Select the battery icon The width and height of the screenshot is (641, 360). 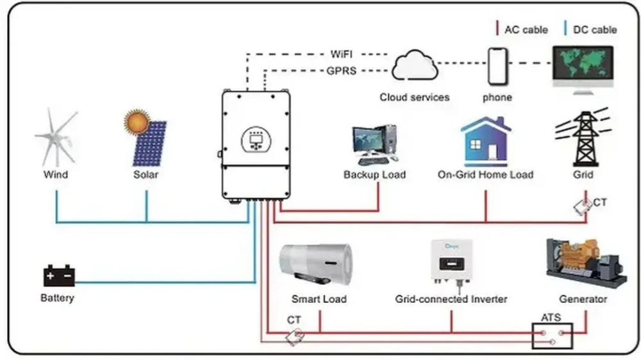click(x=59, y=276)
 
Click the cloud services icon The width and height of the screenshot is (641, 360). click(x=414, y=67)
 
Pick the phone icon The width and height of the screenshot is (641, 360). click(x=497, y=66)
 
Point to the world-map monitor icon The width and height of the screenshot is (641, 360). click(x=583, y=66)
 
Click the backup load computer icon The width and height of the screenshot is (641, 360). click(x=374, y=145)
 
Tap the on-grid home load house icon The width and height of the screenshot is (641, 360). click(x=485, y=142)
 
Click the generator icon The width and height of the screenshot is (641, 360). click(x=584, y=263)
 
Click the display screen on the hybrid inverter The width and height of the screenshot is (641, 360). click(x=256, y=138)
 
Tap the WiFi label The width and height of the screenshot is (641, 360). click(x=341, y=54)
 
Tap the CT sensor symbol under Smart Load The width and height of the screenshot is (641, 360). click(x=296, y=337)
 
